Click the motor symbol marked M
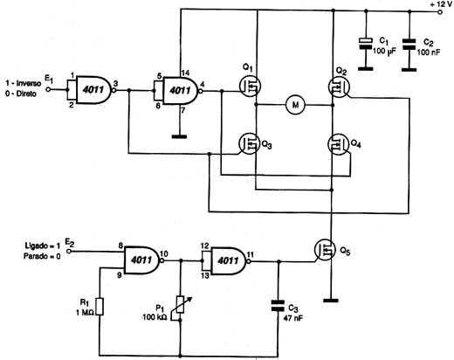coord(295,105)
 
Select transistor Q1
coord(250,86)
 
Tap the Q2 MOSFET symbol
coord(339,87)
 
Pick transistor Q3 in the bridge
coord(250,143)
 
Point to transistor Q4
coord(339,144)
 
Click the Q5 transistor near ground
coord(325,250)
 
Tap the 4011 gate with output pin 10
coord(142,260)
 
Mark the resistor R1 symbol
coord(100,306)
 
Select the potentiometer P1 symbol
coord(181,304)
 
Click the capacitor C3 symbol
coord(278,306)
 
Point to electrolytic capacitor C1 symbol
coord(366,44)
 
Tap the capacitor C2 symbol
coord(409,45)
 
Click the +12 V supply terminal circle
coord(440,12)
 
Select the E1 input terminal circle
coord(48,89)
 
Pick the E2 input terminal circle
coord(69,251)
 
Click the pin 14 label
coord(185,73)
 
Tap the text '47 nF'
coord(293,318)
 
